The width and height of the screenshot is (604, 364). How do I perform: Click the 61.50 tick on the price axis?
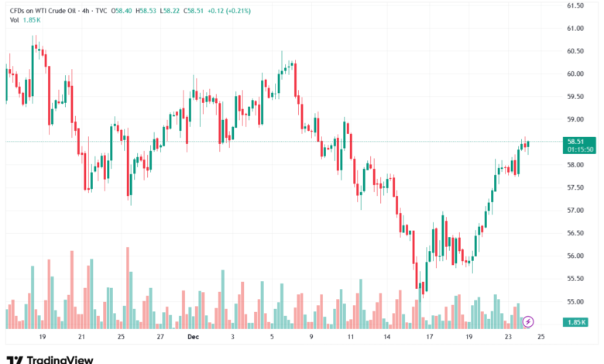pos(575,5)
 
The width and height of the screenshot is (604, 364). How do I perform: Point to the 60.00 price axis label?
pos(575,74)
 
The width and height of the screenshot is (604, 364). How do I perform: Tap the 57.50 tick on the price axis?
pos(575,187)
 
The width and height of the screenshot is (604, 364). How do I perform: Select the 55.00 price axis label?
pos(575,301)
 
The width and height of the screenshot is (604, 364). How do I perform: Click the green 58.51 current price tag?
pos(575,142)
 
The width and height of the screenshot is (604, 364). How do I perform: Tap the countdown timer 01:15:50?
pos(580,149)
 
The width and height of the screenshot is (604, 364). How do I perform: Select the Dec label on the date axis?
pos(193,338)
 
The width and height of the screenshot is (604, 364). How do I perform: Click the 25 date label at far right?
pos(541,338)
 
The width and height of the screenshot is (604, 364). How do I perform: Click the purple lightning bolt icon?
pos(529,321)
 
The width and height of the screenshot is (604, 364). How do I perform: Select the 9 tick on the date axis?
pos(311,338)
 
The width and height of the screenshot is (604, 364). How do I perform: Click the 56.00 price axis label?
pos(575,256)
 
